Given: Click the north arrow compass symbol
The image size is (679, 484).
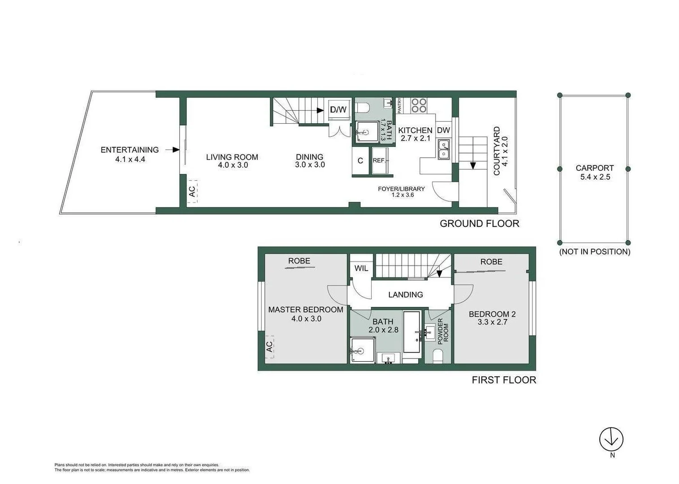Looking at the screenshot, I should [611, 439].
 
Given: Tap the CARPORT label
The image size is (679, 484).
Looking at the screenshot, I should [594, 168].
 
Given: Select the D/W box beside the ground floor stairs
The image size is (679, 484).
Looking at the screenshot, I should [338, 110].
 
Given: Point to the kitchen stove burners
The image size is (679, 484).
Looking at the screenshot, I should [419, 105].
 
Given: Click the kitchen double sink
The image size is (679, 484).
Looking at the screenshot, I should [444, 150].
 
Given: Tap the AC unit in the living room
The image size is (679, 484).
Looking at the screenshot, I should [192, 191].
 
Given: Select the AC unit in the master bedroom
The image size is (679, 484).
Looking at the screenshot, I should [269, 346].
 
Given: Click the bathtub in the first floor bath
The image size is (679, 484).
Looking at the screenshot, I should [412, 332].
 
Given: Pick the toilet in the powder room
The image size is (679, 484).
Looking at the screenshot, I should [438, 356].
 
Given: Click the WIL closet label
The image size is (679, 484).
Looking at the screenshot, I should [361, 268].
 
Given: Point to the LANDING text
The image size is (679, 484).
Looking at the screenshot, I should [405, 294].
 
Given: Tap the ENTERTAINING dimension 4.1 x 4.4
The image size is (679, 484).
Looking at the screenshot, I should [130, 159].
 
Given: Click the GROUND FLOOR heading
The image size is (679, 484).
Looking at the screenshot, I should [479, 224].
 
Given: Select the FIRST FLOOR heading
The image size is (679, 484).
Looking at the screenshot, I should [504, 380].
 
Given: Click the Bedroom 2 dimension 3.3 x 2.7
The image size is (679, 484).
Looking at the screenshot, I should [492, 322].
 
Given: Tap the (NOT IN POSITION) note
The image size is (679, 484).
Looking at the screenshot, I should [594, 252].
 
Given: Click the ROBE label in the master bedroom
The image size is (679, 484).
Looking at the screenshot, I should [299, 261].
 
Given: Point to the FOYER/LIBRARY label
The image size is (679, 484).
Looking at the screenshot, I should [401, 189].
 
